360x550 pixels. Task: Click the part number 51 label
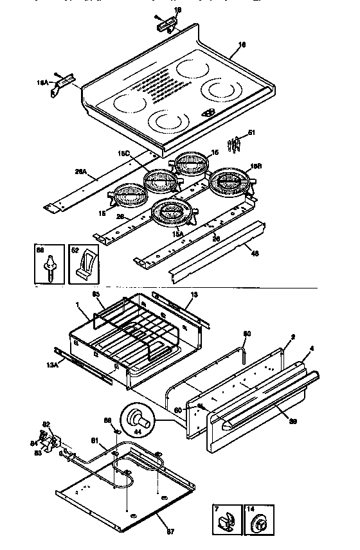251,133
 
